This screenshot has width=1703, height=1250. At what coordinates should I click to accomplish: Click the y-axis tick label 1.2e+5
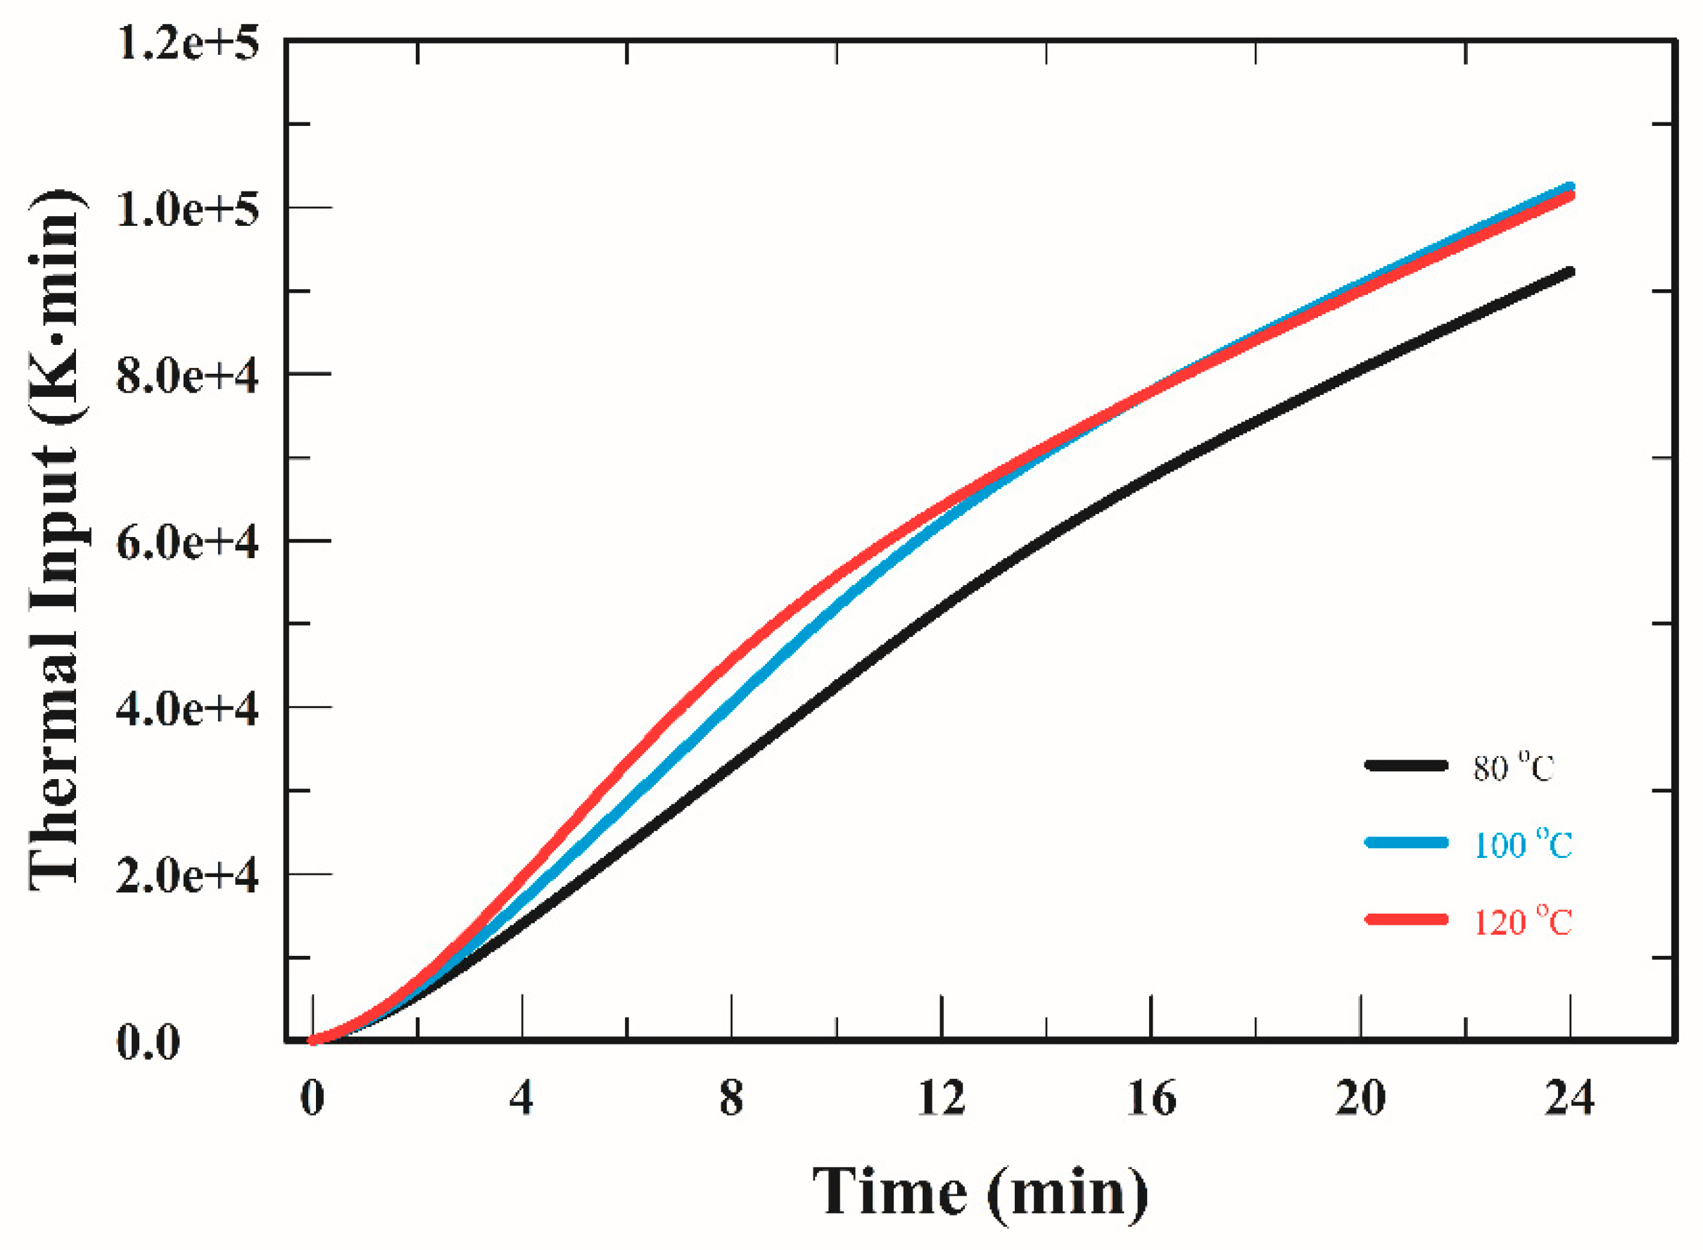(x=187, y=43)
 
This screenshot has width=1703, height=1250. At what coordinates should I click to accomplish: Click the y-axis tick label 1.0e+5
(x=187, y=210)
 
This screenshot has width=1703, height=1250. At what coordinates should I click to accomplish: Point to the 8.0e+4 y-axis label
(x=187, y=376)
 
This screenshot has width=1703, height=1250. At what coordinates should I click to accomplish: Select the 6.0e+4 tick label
(x=187, y=543)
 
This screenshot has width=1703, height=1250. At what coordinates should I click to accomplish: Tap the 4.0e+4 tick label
(x=187, y=709)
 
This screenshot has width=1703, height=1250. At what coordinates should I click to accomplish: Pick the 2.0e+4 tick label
(x=187, y=876)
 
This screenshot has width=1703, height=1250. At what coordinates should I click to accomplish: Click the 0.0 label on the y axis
(x=148, y=1042)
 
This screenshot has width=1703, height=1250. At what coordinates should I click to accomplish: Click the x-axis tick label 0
(x=312, y=1099)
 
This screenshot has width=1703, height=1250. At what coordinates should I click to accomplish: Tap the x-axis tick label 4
(x=521, y=1099)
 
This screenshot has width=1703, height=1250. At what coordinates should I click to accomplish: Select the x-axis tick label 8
(x=731, y=1099)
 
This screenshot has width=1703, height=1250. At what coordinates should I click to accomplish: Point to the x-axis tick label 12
(x=941, y=1099)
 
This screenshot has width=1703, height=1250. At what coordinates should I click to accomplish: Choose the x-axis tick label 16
(x=1151, y=1099)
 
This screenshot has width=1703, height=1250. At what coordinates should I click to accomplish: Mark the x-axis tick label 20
(x=1360, y=1099)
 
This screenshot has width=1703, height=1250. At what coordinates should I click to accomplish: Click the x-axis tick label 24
(x=1570, y=1099)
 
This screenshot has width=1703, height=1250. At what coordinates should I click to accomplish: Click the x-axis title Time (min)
(x=980, y=1193)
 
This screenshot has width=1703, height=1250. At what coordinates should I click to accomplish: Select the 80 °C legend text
(x=1513, y=769)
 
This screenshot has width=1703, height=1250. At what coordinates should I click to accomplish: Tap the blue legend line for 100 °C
(x=1407, y=843)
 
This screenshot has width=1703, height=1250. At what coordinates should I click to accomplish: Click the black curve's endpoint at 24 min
(x=1570, y=272)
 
